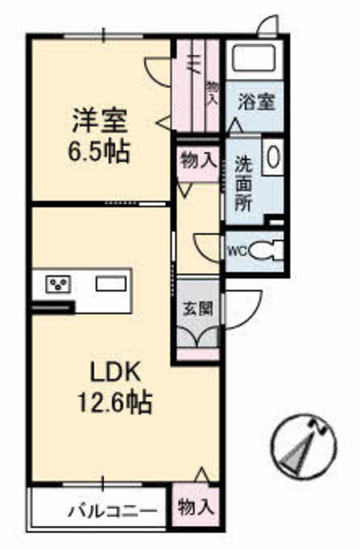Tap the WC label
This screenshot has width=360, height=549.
tap(237, 249)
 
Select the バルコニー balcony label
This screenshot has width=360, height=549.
tap(111, 510)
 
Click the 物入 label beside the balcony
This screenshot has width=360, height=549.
tap(195, 507)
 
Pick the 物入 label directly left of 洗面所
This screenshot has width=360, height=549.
tap(199, 158)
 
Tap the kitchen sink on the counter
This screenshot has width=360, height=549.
tap(111, 284)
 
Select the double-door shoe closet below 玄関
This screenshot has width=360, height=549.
tap(199, 336)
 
